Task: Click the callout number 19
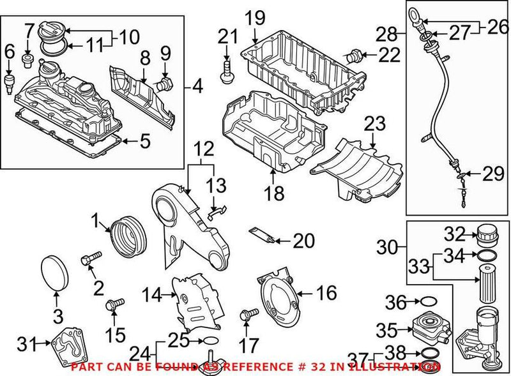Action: [255, 17]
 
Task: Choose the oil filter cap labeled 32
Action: [486, 235]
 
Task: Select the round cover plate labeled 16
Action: [277, 296]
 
